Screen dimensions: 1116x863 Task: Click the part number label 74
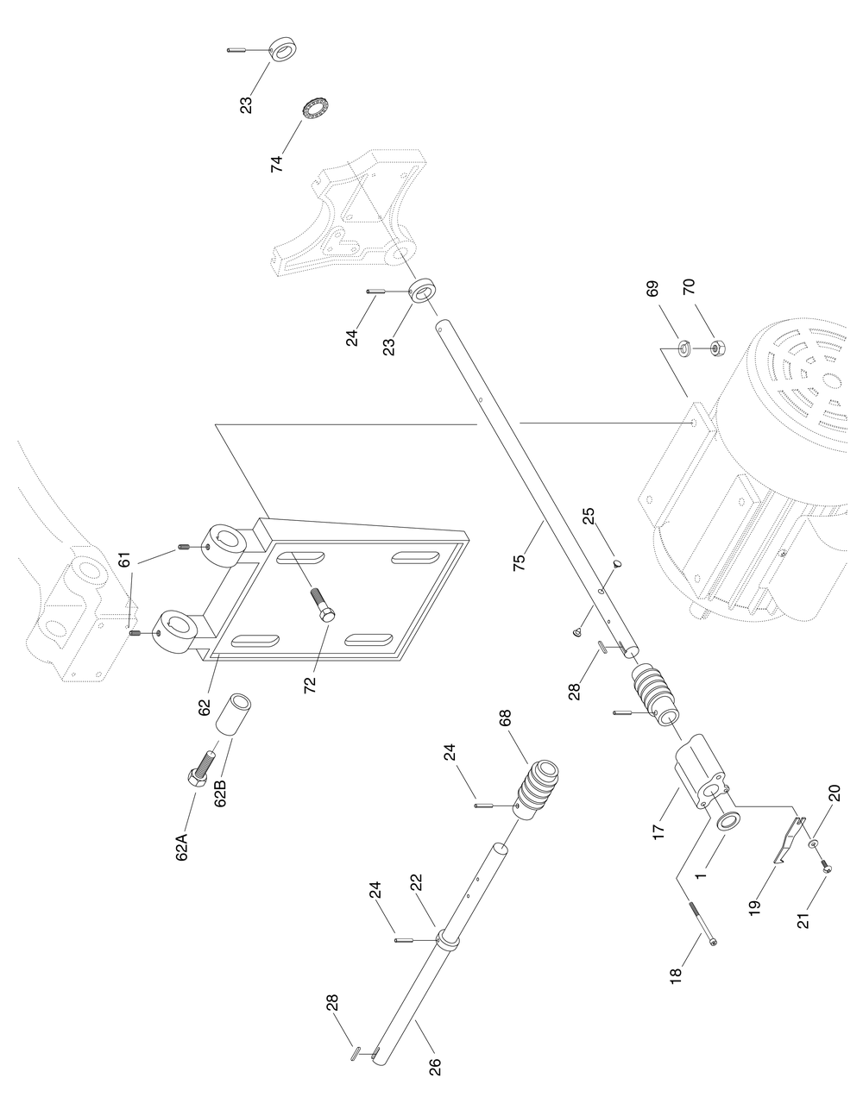tap(277, 164)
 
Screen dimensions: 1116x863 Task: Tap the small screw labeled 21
tap(824, 869)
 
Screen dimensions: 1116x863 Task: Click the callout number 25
tap(588, 517)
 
